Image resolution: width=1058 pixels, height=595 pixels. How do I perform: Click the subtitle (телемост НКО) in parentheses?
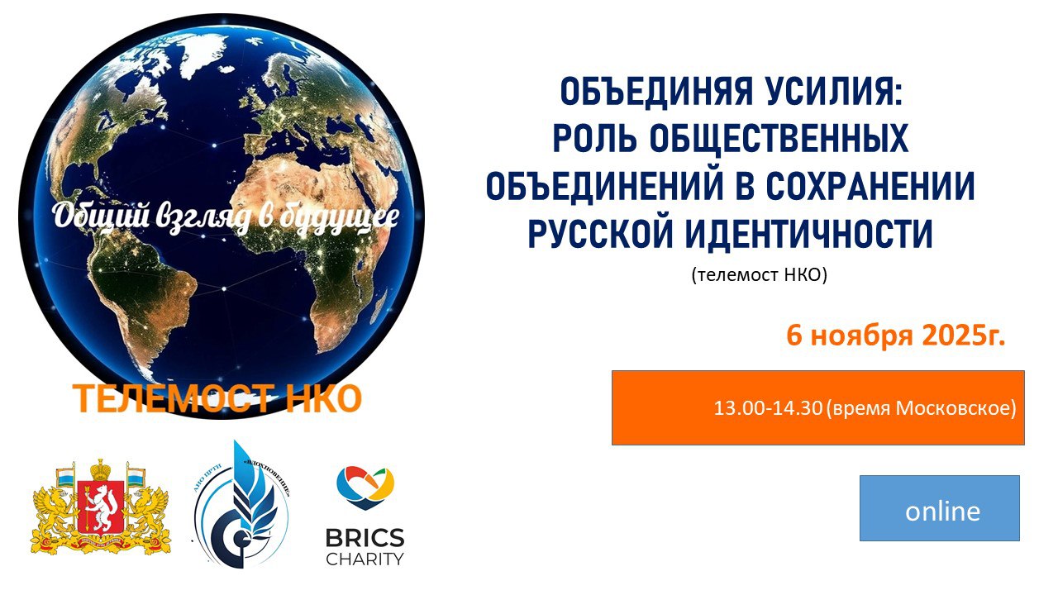click(759, 275)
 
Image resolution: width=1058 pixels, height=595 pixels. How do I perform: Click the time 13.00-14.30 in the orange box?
click(768, 408)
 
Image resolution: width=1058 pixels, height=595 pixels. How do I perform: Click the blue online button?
click(940, 508)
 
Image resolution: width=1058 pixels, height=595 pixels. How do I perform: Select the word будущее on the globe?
click(341, 217)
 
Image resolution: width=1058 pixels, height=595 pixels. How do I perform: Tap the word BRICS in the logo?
click(365, 539)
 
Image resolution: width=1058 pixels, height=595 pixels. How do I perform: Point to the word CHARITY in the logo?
click(365, 559)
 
